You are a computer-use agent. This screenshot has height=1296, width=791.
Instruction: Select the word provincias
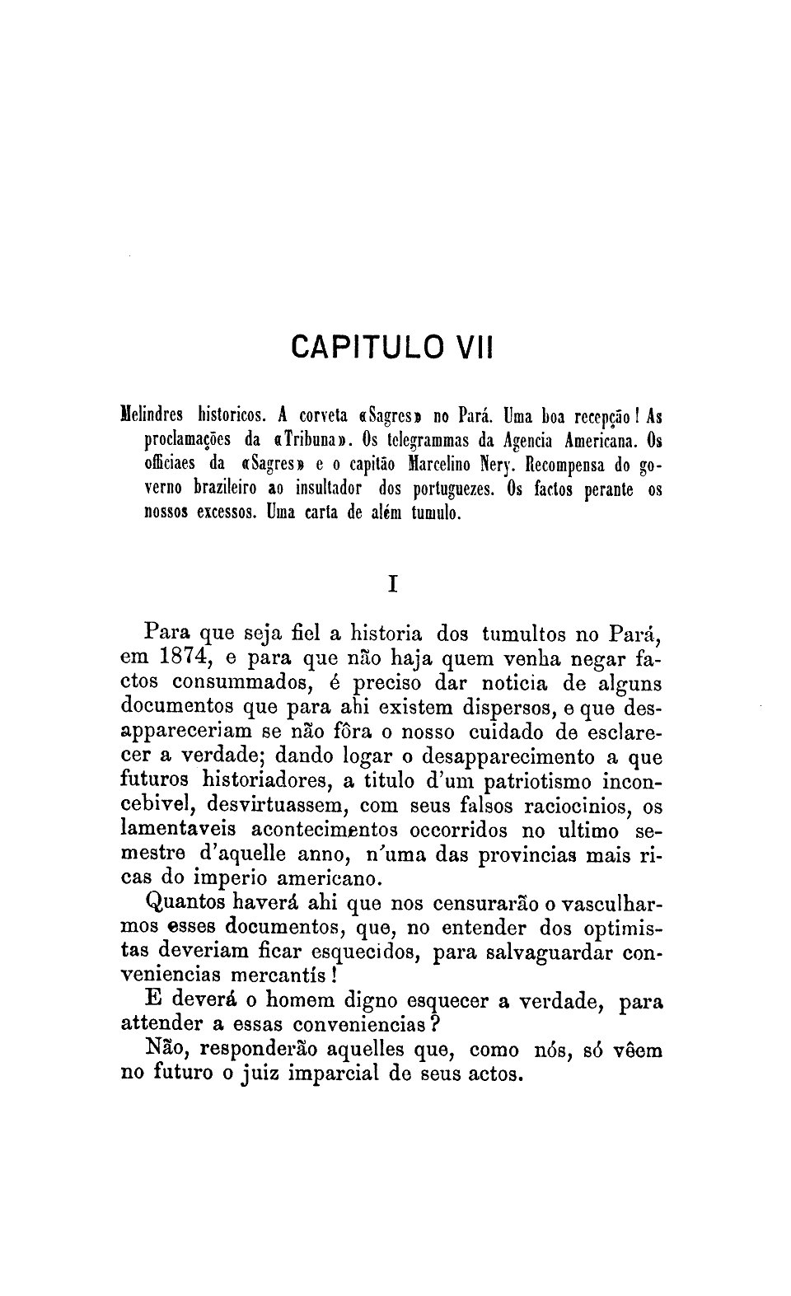(527, 854)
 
